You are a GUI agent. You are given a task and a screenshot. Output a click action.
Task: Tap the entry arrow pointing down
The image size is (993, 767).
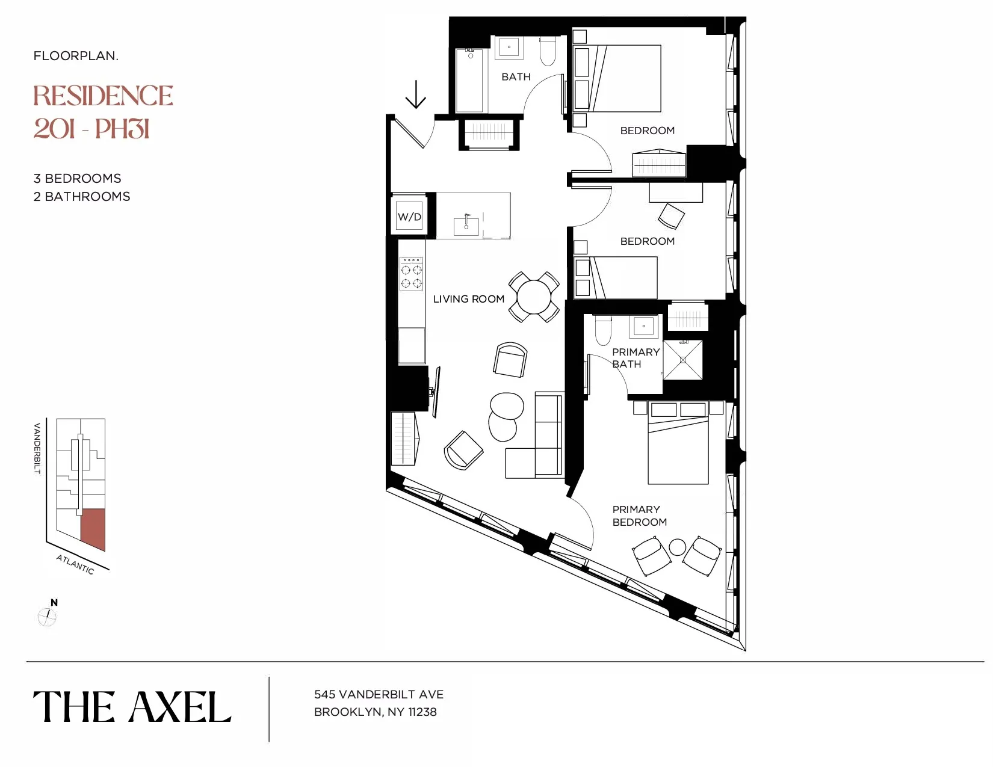415,95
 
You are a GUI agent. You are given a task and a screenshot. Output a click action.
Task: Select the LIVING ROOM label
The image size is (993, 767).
468,299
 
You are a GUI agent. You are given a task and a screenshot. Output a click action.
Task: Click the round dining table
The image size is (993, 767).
534,297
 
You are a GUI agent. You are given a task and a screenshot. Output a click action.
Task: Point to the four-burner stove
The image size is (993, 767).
412,275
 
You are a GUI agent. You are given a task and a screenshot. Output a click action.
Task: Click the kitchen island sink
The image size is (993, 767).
466,226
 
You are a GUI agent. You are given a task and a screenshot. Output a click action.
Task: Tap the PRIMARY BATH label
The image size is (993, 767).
636,358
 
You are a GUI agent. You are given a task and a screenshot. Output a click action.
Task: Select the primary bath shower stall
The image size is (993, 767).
683,360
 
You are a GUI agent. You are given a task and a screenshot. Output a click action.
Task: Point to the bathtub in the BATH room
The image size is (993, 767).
469,82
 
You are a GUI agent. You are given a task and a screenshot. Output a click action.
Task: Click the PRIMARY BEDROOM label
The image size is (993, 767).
639,516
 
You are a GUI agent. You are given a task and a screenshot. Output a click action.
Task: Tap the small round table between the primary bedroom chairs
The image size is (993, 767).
678,547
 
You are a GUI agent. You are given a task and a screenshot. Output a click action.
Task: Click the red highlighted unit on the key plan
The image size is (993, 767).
93,528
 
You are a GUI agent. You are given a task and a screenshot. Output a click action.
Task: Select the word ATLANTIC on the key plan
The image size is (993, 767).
75,564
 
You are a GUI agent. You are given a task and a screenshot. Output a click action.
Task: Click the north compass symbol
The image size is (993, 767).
47,615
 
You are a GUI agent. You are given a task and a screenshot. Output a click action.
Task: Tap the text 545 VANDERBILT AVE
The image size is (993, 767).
379,694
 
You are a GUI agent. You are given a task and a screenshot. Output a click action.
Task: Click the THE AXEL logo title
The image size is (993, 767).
132,707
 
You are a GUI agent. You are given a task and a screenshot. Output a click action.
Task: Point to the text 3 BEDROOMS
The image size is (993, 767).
77,179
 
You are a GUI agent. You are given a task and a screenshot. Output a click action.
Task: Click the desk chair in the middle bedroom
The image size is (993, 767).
671,216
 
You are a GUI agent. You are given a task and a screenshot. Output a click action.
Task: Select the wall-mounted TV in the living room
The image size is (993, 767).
436,392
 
